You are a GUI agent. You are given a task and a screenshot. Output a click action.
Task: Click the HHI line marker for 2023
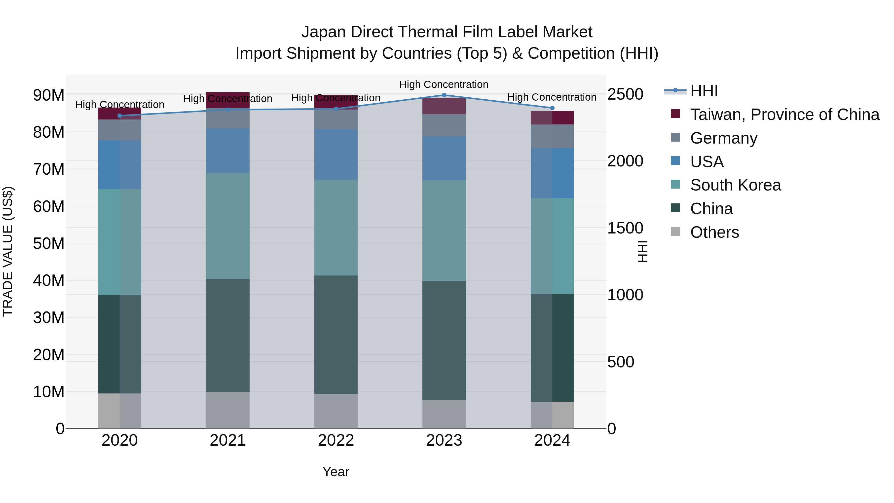(x=444, y=95)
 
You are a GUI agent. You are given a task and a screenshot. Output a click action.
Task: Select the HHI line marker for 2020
(x=120, y=116)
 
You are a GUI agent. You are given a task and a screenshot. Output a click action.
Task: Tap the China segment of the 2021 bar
(x=228, y=335)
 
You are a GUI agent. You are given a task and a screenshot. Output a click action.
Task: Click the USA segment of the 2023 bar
(x=444, y=158)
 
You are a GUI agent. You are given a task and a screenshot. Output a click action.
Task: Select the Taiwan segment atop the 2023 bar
(x=444, y=106)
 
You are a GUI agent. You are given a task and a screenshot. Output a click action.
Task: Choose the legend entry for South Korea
(x=735, y=185)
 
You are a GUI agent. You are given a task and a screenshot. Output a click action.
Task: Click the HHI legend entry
(x=704, y=91)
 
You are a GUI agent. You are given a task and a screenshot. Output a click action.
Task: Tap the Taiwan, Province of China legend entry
(x=784, y=115)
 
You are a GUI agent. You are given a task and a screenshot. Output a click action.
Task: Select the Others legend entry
(x=714, y=232)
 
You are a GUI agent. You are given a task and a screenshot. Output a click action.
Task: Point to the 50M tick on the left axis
(x=49, y=243)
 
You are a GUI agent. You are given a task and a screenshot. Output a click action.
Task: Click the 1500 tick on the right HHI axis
(x=625, y=228)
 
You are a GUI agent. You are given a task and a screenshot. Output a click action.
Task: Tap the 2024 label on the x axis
(x=552, y=440)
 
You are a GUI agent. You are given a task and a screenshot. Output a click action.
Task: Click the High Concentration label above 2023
(x=444, y=84)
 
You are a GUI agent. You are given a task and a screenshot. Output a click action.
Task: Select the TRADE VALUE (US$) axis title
(x=8, y=251)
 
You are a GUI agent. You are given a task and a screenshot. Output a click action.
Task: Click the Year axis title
(x=335, y=472)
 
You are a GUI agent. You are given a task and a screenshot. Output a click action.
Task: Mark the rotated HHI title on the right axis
(x=643, y=251)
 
